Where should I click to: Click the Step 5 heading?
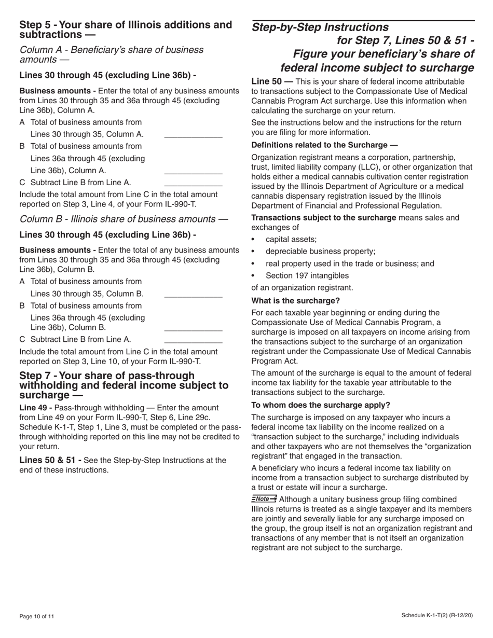125,30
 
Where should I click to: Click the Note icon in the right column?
264,499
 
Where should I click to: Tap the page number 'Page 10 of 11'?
37,617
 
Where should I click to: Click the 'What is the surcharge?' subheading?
295,301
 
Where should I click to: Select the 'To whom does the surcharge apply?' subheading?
321,405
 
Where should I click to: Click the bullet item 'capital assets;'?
291,240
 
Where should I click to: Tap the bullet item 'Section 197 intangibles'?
307,276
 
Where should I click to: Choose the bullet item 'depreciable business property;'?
320,252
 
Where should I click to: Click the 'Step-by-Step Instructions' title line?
320,27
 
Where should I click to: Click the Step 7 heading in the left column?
124,385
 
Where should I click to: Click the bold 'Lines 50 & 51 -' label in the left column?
50,460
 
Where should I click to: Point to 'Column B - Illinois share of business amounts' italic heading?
123,219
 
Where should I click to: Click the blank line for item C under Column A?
193,183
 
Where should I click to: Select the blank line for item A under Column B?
193,294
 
